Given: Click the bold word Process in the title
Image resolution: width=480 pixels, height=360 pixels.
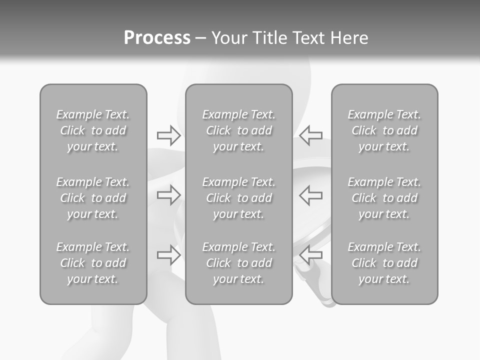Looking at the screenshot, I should click(157, 38).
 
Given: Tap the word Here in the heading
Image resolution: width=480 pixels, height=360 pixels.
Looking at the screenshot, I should click(348, 38).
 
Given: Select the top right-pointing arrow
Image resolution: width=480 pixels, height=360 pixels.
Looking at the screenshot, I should click(168, 135).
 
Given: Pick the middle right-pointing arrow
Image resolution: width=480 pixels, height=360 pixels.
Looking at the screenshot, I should click(168, 195).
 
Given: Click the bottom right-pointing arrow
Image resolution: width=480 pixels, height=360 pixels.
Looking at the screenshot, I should click(168, 255).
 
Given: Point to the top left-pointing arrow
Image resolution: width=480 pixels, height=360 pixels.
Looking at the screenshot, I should click(311, 135).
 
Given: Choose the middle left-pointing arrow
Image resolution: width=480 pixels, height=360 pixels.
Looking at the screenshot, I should click(311, 195).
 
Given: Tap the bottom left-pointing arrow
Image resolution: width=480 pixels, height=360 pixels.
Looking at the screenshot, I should click(311, 255).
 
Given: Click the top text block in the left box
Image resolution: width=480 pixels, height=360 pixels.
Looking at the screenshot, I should click(93, 130).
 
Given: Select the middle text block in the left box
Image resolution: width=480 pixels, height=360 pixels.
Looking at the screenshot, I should click(93, 198).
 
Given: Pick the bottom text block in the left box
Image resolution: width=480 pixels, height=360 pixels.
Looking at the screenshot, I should click(93, 263).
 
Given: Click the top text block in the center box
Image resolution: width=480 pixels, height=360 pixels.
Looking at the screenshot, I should click(239, 130).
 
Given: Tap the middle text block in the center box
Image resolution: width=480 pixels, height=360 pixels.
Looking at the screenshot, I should click(239, 198).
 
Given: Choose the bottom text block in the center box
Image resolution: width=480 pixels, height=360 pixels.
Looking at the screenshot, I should click(239, 263).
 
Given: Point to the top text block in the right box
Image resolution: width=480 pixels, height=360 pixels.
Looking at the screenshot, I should click(384, 130).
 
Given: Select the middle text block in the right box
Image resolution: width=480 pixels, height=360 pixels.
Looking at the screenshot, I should click(384, 198).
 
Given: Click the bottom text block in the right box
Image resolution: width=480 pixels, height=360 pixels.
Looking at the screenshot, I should click(384, 263).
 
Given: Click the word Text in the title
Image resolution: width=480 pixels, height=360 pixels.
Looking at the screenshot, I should click(308, 38).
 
